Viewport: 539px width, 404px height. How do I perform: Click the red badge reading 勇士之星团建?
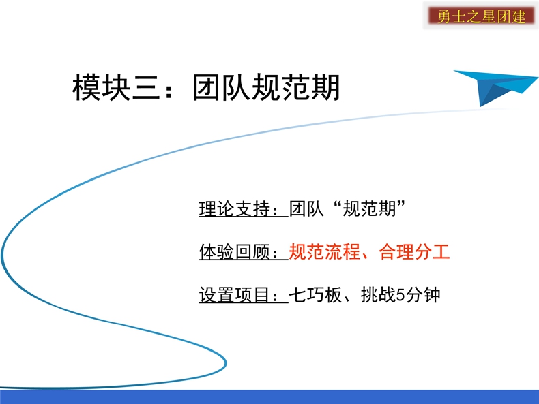pos(481,16)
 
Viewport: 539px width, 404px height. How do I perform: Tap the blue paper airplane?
pos(496,87)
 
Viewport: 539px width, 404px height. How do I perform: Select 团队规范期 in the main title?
pos(266,87)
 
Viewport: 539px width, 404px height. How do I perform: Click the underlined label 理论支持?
pos(235,208)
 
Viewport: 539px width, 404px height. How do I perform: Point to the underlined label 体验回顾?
pos(235,251)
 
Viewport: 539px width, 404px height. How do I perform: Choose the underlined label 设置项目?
pos(235,295)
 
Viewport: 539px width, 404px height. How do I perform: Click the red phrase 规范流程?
pos(324,251)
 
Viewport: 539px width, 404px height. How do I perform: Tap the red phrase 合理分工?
pos(414,251)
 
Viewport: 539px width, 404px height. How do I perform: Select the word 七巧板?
pos(315,295)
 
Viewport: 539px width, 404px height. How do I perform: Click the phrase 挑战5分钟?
pos(400,295)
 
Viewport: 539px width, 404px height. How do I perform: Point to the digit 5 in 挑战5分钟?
pos(400,295)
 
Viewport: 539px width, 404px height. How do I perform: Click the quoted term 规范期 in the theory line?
pos(369,208)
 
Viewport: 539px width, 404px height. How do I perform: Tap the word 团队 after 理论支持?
pos(306,208)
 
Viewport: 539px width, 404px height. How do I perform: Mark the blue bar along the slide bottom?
pos(269,397)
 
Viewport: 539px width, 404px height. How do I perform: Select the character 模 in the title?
pos(86,87)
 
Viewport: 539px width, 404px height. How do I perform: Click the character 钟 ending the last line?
pos(432,295)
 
